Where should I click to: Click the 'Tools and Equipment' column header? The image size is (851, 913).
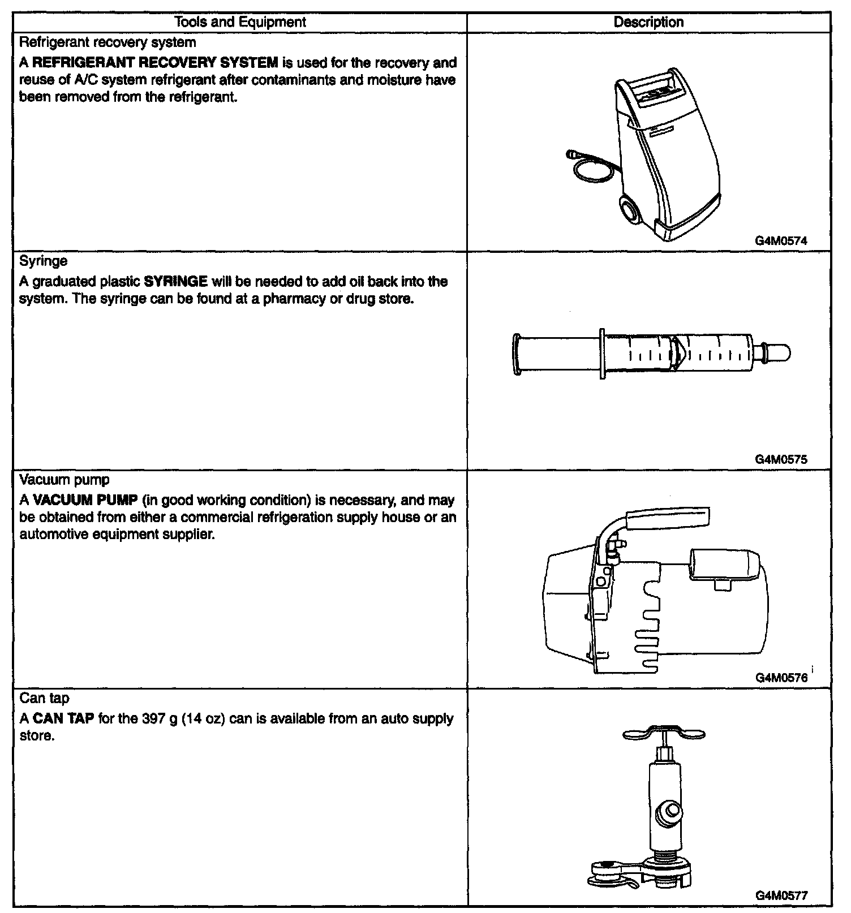240,22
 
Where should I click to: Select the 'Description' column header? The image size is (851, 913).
648,22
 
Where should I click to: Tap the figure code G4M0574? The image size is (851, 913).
781,240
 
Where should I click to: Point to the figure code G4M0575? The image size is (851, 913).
781,459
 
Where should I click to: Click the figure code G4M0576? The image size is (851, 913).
781,678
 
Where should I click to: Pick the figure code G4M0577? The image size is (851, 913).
781,895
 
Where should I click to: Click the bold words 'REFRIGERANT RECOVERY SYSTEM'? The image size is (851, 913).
156,63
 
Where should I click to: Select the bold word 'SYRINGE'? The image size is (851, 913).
176,282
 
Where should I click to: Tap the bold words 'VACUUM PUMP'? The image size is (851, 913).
85,501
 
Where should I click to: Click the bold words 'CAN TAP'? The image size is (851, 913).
63,719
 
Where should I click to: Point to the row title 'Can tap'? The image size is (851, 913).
44,699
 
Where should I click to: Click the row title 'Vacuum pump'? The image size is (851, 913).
64,480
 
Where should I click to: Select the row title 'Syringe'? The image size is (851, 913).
43,261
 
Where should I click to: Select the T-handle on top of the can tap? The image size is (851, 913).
664,734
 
